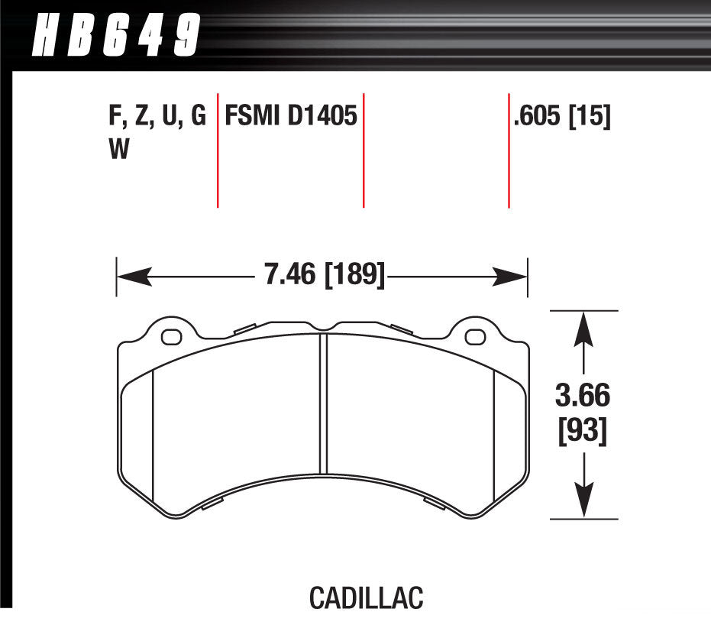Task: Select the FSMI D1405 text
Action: pos(290,117)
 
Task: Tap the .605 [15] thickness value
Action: pos(563,117)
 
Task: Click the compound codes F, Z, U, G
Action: pos(157,117)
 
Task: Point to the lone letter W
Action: pos(119,151)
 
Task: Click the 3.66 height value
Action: pos(583,397)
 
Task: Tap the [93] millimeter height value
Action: pos(583,432)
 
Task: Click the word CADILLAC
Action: pos(366,597)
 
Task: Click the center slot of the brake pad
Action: pos(323,405)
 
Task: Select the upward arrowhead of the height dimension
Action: pos(584,329)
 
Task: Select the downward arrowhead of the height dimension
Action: pos(584,500)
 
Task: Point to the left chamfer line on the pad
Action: pos(154,436)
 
